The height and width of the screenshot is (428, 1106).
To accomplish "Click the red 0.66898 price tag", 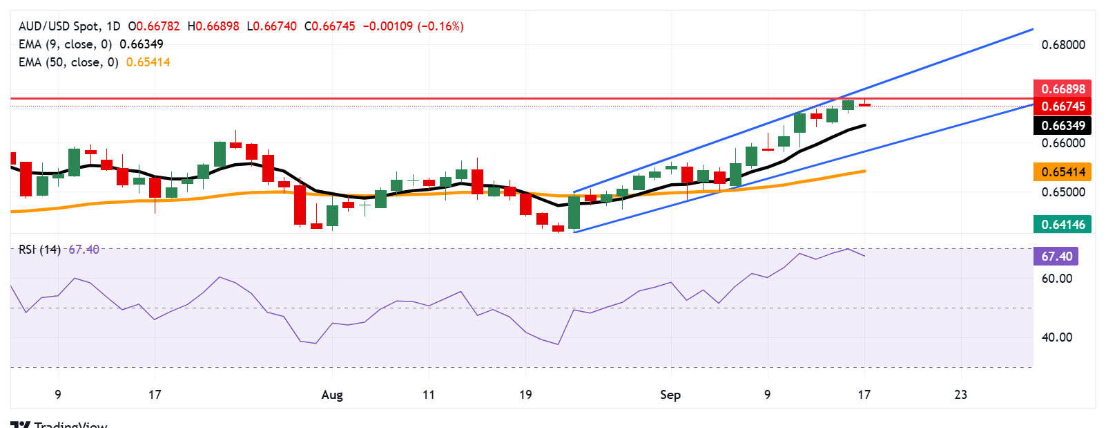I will tap(1063, 89).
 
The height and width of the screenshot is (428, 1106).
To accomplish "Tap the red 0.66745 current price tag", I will tap(1063, 106).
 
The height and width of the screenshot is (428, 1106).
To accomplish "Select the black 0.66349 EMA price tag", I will tap(1063, 125).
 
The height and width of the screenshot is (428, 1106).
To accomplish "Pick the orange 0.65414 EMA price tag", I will tap(1063, 171).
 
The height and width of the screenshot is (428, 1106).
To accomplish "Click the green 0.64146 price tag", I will tap(1063, 224).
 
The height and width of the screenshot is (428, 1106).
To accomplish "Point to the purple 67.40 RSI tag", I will tap(1056, 257).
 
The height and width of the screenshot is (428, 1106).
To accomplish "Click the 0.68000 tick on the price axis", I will tap(1063, 45).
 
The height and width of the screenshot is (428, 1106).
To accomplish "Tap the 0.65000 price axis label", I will tap(1063, 192).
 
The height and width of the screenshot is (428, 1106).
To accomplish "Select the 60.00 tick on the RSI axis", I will tap(1057, 279).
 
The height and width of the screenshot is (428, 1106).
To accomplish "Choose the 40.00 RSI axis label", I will tap(1057, 337).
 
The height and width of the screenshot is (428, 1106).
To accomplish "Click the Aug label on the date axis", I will tap(332, 395).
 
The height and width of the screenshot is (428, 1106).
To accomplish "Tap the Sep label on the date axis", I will tap(670, 395).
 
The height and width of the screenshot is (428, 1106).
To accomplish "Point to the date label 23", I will tap(960, 395).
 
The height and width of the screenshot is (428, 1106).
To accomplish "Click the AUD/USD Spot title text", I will tap(59, 26).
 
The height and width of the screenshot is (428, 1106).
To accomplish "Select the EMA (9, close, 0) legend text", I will tap(65, 44).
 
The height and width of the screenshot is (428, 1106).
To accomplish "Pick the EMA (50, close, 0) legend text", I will tap(68, 62).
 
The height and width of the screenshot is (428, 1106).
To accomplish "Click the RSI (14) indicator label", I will tap(39, 250).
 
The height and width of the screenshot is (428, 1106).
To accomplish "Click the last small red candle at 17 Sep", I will tap(864, 104).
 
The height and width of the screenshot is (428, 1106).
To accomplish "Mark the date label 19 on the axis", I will tap(525, 395).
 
